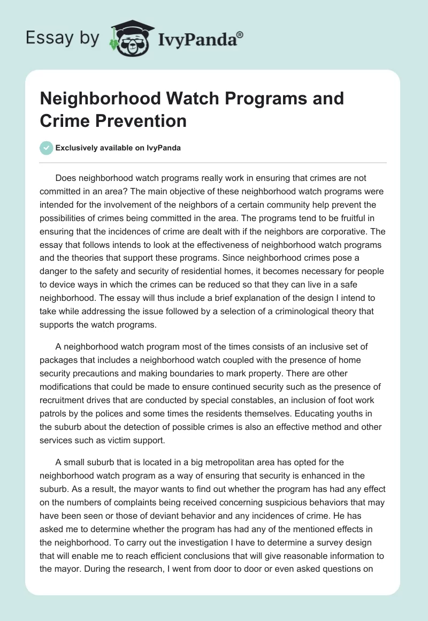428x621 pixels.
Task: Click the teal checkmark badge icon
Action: coord(47,148)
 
